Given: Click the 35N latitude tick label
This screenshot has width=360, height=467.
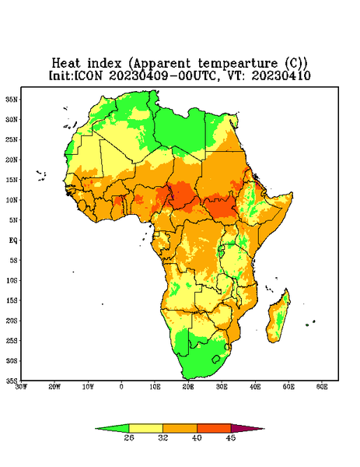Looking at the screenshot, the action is click(12, 99).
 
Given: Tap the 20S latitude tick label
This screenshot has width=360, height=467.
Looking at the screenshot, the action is click(12, 321).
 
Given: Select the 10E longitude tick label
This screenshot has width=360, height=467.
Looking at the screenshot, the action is click(155, 387).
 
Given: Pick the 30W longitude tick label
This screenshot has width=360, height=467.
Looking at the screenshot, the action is click(21, 387).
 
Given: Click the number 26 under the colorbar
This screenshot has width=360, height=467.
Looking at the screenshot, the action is click(129, 437).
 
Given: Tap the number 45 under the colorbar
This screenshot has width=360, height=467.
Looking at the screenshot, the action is click(231, 437).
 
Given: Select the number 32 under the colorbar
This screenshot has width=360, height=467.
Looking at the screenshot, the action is click(163, 437).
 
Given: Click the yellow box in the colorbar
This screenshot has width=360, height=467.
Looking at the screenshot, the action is click(145, 428).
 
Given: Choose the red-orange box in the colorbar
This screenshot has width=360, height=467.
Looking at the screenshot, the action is click(214, 428).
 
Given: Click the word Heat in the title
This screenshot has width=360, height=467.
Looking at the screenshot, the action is click(66, 64).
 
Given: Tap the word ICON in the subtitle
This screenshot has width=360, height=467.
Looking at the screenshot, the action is click(88, 75).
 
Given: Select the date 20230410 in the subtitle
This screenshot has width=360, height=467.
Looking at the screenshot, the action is click(281, 75).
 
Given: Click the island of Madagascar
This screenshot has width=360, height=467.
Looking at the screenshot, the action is click(278, 318).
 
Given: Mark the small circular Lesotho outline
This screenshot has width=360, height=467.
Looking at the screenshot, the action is click(215, 359).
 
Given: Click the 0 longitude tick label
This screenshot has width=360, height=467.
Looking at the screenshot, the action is click(121, 387).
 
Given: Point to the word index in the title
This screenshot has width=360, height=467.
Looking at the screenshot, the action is click(104, 64).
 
